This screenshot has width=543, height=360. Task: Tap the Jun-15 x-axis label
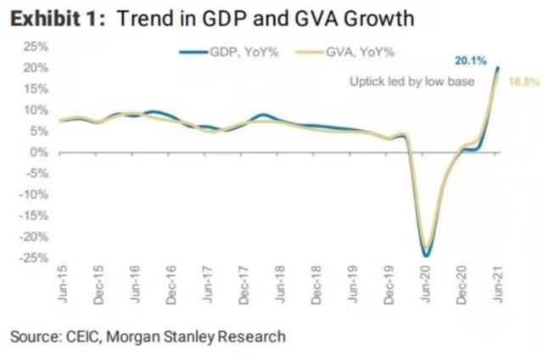coord(62,288)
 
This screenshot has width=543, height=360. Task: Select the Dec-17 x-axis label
coord(244,288)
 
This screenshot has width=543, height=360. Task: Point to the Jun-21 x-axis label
coord(497,288)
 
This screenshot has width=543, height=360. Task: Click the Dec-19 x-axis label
coord(389,288)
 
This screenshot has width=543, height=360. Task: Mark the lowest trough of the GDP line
coord(425,256)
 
